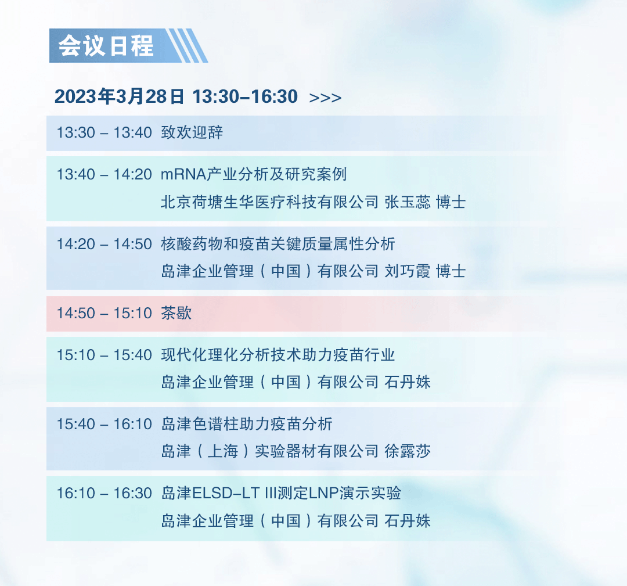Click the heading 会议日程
tap(106, 46)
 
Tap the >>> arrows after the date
tap(325, 98)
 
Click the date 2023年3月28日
tap(119, 96)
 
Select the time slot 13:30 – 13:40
tap(104, 132)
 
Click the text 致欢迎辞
tap(192, 132)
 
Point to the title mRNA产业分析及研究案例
tap(254, 174)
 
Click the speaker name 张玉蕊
tap(408, 202)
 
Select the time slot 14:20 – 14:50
tap(104, 244)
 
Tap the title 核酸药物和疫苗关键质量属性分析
tap(278, 243)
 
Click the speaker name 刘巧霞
tap(408, 271)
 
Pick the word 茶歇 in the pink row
tap(176, 313)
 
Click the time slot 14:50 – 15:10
tap(104, 313)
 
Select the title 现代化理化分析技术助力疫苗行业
tap(278, 355)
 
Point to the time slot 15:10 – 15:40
tap(104, 355)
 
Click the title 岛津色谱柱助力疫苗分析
tap(247, 424)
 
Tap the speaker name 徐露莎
tap(408, 451)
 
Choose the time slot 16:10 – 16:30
tap(104, 493)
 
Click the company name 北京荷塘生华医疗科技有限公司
tap(269, 202)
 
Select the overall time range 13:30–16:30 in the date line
tap(245, 96)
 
